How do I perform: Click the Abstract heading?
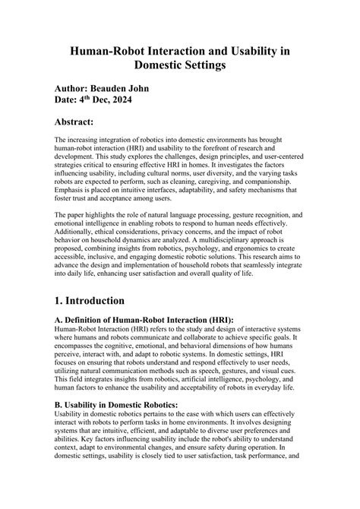[x=85, y=122]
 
